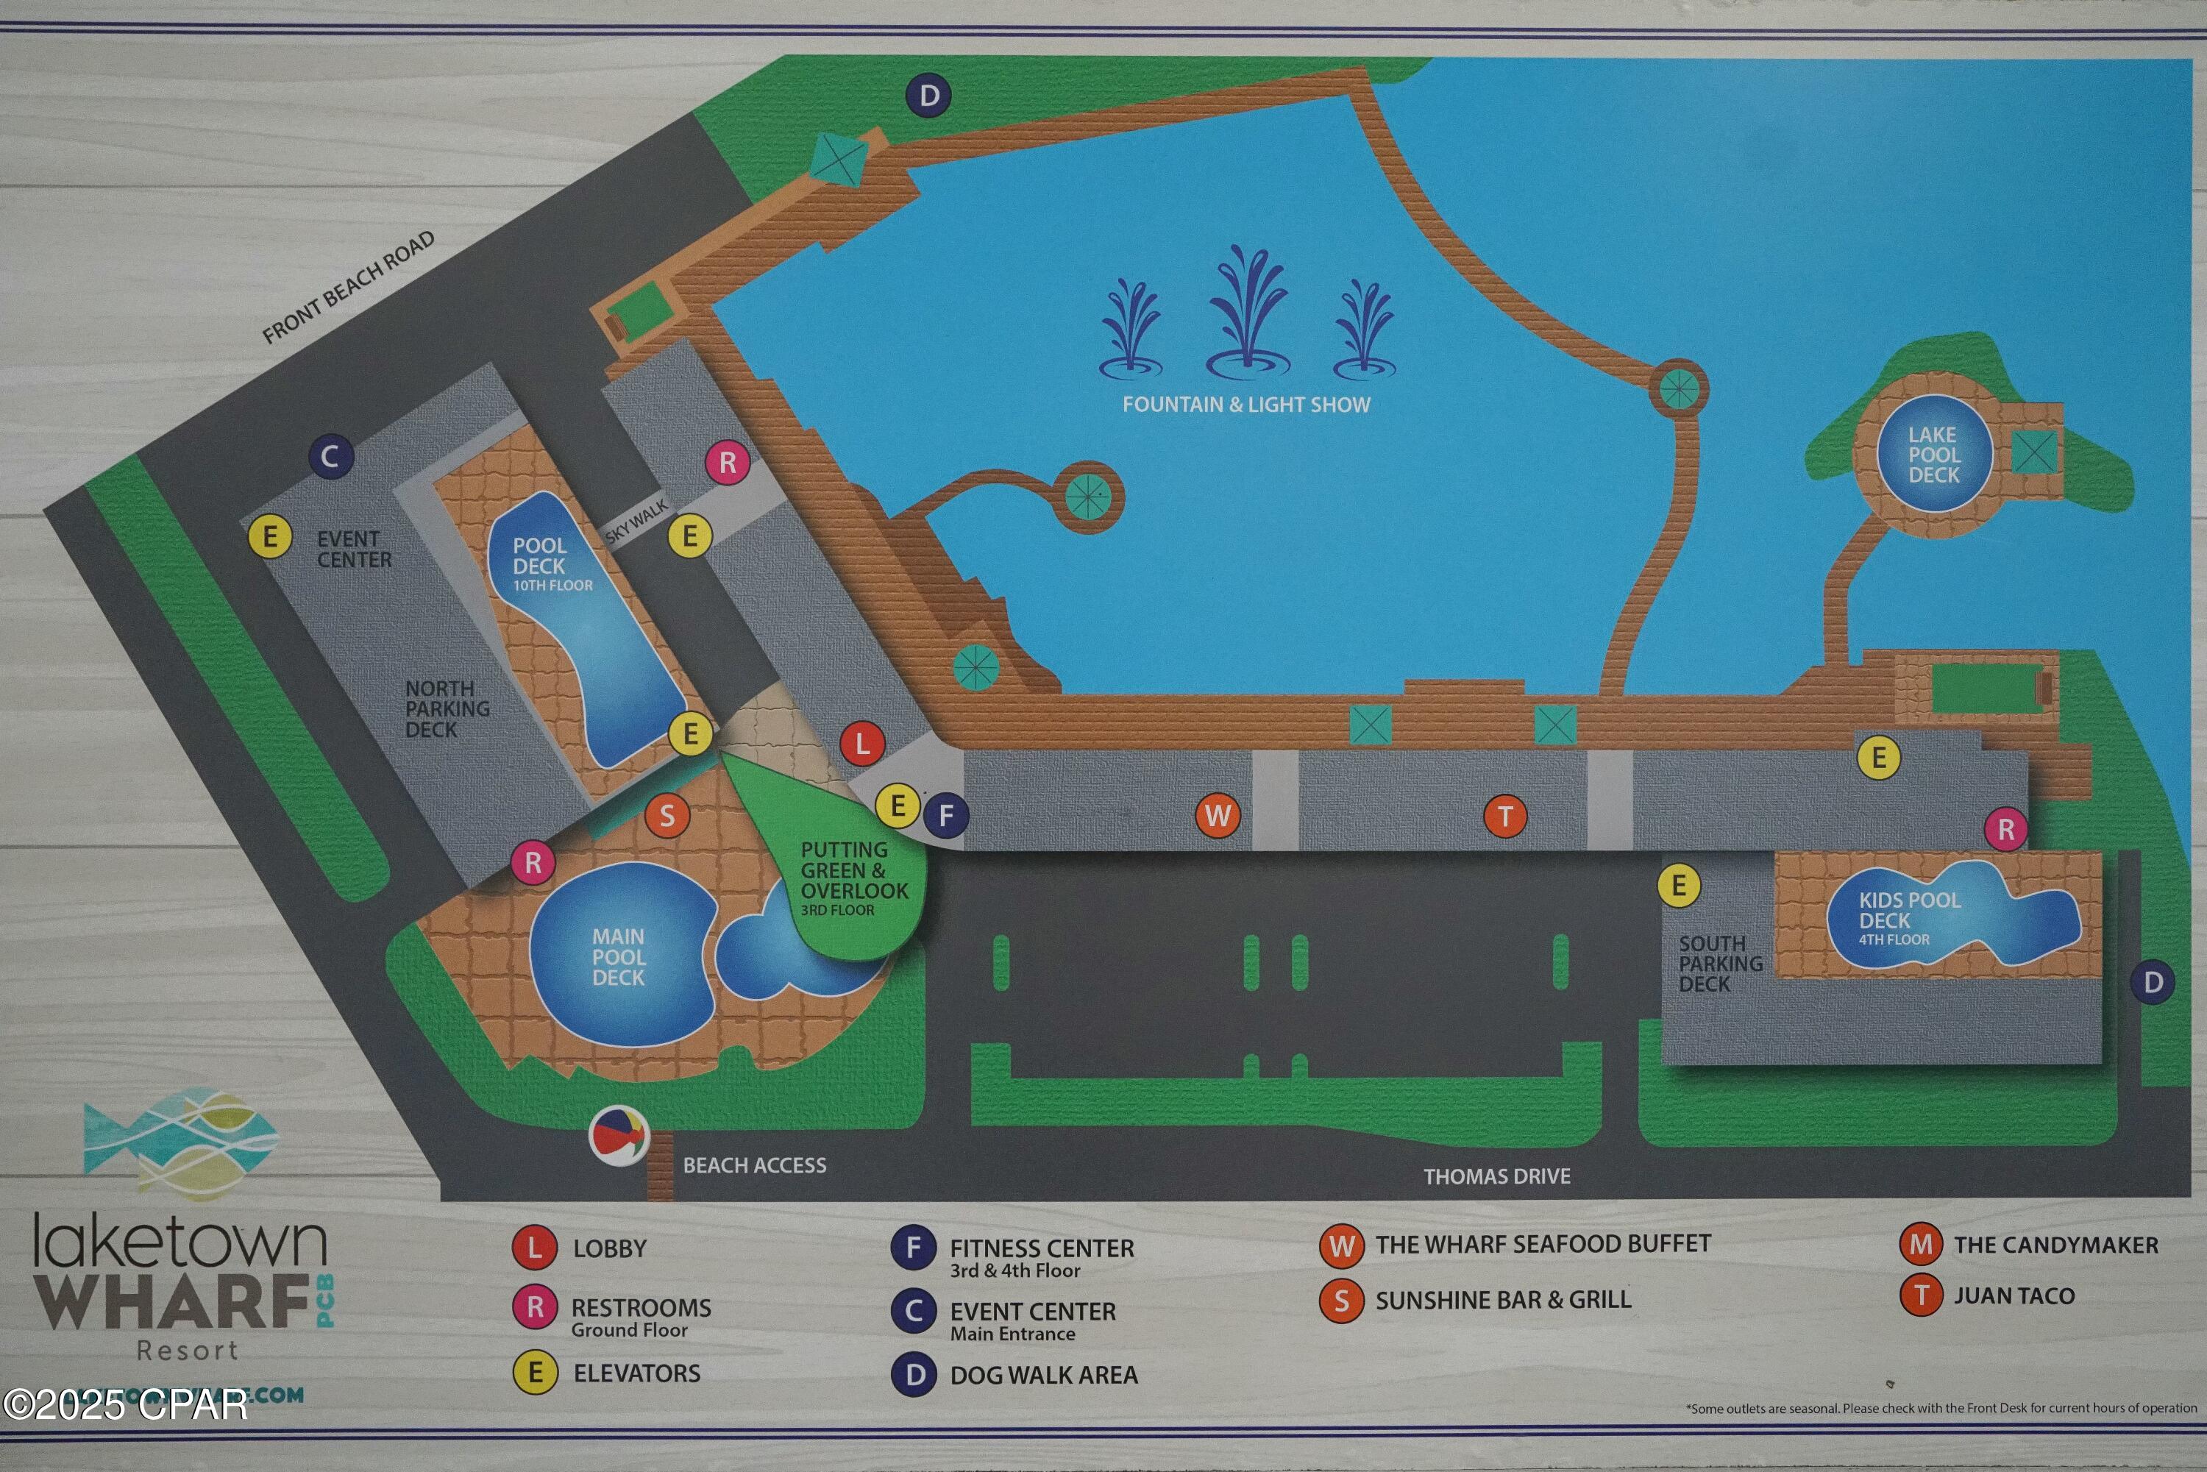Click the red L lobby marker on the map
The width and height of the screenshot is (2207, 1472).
click(861, 744)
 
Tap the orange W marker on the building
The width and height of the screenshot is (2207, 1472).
click(1218, 815)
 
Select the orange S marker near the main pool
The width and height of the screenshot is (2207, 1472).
click(667, 816)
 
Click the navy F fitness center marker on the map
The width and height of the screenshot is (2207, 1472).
click(946, 815)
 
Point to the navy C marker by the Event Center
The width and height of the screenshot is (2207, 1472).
click(330, 457)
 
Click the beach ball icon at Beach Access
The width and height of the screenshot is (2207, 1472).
click(619, 1136)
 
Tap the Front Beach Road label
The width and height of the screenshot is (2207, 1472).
click(348, 288)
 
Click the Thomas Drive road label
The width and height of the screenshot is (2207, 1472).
click(1496, 1176)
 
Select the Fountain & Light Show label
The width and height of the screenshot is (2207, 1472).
click(1245, 405)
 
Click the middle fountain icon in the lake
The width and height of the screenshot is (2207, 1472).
click(1247, 310)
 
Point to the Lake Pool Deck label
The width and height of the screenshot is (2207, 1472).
click(1933, 455)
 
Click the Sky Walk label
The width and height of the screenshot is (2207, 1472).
click(636, 521)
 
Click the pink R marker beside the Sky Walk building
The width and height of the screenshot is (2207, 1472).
click(728, 462)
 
